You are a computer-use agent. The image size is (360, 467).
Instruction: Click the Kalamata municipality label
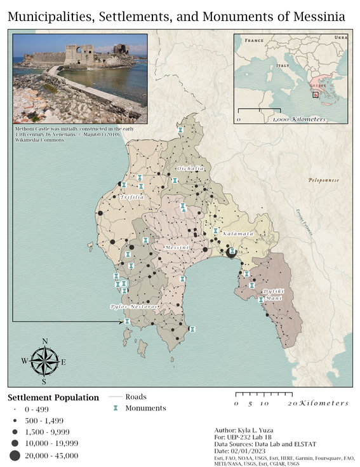(237, 234)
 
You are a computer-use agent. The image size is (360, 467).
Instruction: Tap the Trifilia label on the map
(132, 198)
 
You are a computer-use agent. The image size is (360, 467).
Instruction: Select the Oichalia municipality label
(191, 168)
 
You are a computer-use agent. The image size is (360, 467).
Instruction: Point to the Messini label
(176, 247)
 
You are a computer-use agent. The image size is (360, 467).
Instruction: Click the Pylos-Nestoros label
(133, 306)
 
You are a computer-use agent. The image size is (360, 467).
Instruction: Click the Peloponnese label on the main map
(323, 180)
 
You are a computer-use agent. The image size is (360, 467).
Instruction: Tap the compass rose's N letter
(44, 341)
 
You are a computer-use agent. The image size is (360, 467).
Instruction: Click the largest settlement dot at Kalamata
(230, 252)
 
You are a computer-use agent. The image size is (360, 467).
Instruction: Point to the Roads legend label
(136, 396)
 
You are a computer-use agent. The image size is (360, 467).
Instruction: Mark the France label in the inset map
(254, 40)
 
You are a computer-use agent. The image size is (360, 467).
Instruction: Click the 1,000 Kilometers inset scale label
(300, 119)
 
